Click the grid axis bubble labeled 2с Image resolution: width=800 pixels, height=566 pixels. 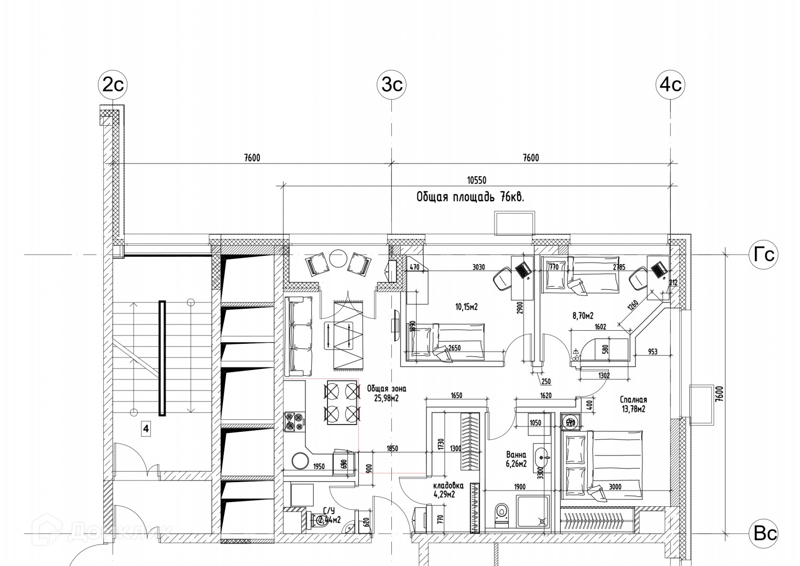113,84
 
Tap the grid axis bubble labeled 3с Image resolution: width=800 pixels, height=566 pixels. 392,84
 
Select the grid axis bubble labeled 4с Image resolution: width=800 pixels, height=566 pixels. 671,84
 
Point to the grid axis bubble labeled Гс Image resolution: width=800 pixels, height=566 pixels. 763,255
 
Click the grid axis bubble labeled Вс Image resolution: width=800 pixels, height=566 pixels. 764,534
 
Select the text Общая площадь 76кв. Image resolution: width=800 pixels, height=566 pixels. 470,197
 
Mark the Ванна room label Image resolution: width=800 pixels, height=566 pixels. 516,455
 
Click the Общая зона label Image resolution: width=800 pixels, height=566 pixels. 386,389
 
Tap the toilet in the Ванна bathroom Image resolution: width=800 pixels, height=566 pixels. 501,512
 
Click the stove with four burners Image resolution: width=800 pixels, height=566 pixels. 294,422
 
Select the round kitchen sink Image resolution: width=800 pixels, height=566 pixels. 301,461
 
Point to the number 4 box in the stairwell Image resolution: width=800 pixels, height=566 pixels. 146,429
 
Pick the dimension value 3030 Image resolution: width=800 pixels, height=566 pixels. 478,267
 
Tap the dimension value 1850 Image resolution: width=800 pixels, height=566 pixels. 391,448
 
